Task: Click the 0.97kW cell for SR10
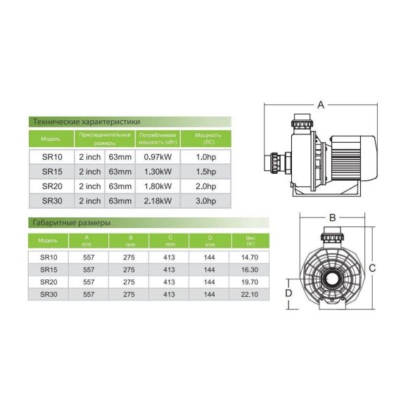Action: point(158,157)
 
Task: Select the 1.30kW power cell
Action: point(158,172)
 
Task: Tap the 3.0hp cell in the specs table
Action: point(206,201)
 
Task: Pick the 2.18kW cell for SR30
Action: point(158,201)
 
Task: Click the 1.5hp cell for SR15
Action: point(206,172)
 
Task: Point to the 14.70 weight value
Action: point(250,257)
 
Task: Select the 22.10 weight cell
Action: point(250,294)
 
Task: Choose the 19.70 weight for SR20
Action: point(250,282)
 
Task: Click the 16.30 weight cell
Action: point(250,269)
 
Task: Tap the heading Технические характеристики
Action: point(87,122)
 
